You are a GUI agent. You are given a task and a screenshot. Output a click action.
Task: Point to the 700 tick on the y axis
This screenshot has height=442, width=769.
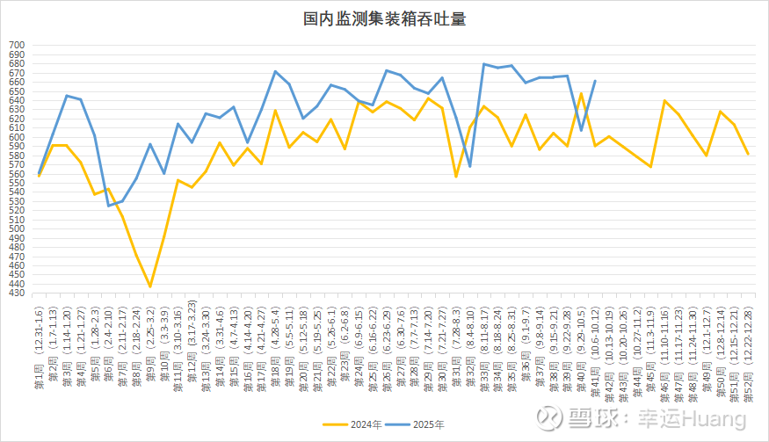coord(17,44)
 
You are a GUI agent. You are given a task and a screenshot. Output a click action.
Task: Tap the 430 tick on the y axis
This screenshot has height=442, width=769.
coord(17,293)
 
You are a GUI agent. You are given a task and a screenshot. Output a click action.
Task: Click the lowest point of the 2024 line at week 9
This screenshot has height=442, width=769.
coord(150,286)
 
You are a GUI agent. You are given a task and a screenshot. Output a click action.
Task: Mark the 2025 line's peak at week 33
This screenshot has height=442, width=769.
coord(483,63)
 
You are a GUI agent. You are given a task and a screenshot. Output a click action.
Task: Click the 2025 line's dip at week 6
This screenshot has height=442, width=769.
coord(108,206)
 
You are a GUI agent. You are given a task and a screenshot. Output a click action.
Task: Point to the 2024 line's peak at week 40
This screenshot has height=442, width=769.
coord(581,93)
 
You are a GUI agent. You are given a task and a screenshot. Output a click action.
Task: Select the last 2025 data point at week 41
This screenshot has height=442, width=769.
coord(595,81)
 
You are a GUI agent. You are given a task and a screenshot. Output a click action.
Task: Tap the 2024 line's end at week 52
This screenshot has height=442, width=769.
coord(748,154)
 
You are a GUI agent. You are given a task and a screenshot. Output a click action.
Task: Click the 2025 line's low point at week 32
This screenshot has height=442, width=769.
coord(470,166)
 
